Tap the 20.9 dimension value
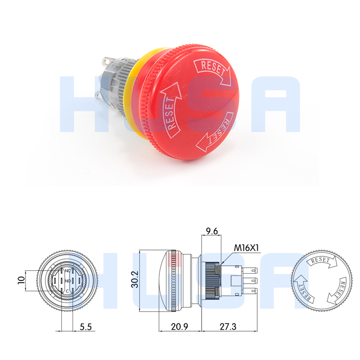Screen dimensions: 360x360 click(x=179, y=327)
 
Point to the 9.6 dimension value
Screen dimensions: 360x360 click(x=212, y=231)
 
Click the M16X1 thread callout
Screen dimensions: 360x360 click(x=246, y=248)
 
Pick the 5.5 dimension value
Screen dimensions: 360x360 click(x=86, y=327)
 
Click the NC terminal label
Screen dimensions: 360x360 click(x=67, y=271)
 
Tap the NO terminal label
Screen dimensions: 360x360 click(x=67, y=280)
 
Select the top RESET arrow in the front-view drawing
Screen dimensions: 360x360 click(x=321, y=262)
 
